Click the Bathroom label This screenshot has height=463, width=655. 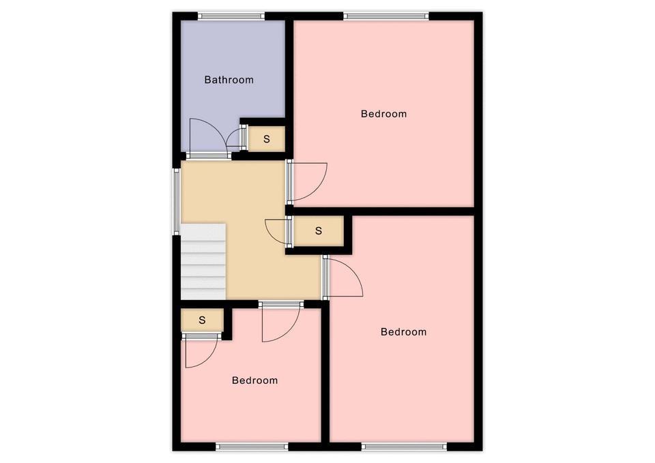tap(229, 80)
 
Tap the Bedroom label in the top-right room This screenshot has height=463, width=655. tap(384, 114)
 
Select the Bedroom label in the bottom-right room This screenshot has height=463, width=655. tap(403, 332)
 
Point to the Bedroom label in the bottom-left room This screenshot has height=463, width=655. tap(254, 380)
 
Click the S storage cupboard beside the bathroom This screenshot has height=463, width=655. tap(267, 138)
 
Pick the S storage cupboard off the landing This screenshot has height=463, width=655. tap(319, 231)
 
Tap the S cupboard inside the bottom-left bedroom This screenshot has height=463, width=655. tap(202, 320)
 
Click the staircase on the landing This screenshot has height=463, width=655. tap(203, 261)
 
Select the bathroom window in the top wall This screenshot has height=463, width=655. tap(231, 16)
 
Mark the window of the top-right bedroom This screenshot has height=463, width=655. tap(386, 16)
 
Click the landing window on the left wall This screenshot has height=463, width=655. tap(177, 201)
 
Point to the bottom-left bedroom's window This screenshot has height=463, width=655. tap(252, 447)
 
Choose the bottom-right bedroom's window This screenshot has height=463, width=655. tap(404, 447)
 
